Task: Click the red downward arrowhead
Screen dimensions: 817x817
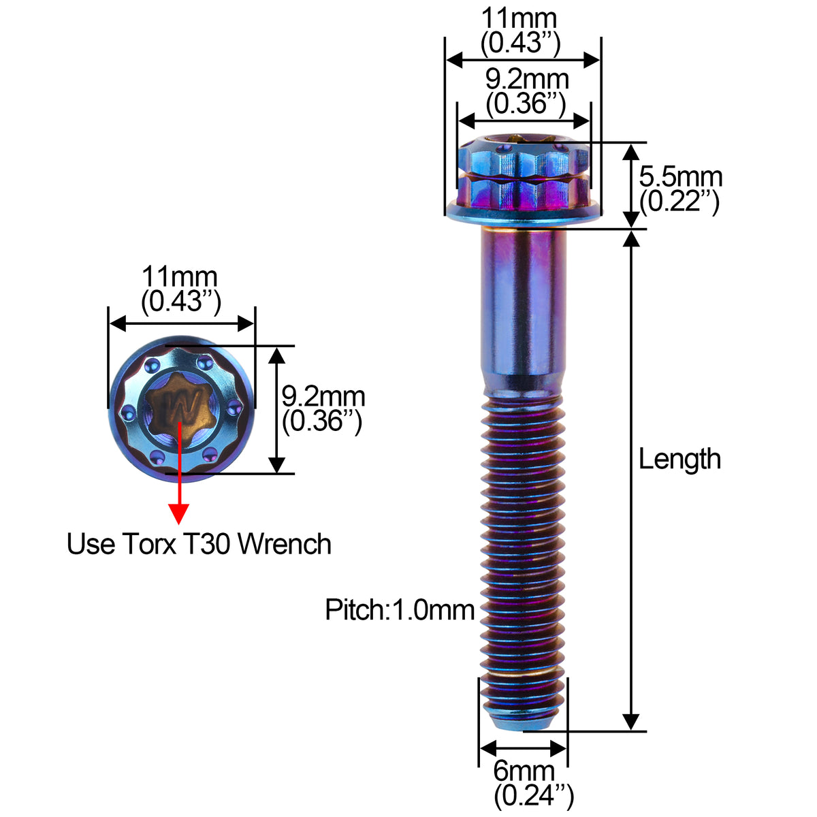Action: point(179,513)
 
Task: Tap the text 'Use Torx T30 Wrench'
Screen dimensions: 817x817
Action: point(199,544)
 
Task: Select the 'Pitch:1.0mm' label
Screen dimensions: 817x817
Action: point(400,609)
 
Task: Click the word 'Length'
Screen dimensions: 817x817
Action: point(679,460)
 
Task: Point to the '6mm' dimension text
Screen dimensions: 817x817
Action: point(524,771)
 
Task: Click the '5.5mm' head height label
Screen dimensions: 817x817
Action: point(680,177)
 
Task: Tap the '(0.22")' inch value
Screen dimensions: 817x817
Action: point(679,202)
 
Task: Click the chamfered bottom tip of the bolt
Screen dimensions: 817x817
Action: point(523,718)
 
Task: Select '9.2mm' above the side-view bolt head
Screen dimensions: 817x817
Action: point(526,80)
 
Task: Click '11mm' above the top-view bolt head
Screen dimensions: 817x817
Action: point(180,278)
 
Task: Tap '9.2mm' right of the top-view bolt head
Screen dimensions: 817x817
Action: point(323,396)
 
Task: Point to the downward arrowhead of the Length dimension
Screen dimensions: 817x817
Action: point(631,722)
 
